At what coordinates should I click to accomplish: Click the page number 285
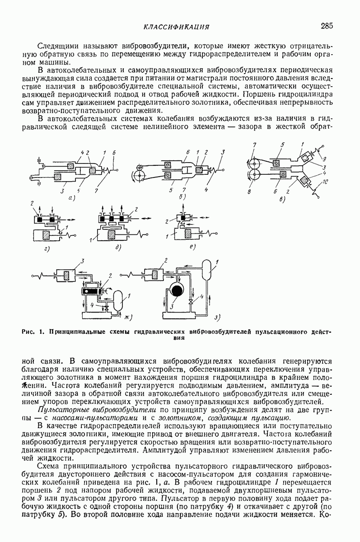tap(327, 26)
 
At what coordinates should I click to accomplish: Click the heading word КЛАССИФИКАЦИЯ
tap(176, 27)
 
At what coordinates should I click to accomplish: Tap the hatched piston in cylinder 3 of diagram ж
tap(67, 275)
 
